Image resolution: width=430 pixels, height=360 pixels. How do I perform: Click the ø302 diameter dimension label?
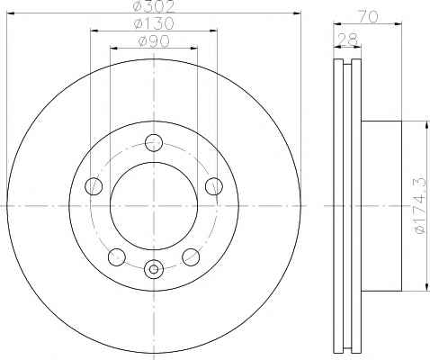click(x=154, y=6)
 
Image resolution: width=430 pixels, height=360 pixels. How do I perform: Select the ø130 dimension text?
click(x=154, y=23)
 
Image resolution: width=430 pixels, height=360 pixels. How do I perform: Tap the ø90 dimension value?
click(x=154, y=40)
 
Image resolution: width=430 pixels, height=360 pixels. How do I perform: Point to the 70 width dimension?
click(x=368, y=17)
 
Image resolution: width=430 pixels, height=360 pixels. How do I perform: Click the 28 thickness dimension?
click(x=348, y=39)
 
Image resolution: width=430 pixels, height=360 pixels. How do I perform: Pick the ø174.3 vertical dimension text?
click(x=419, y=204)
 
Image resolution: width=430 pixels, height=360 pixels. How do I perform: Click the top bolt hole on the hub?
click(x=154, y=143)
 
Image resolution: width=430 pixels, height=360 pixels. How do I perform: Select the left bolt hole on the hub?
click(x=94, y=186)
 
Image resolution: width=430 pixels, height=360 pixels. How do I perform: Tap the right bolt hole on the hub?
click(x=214, y=186)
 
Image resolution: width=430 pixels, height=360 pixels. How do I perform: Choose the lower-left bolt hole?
click(x=117, y=256)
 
